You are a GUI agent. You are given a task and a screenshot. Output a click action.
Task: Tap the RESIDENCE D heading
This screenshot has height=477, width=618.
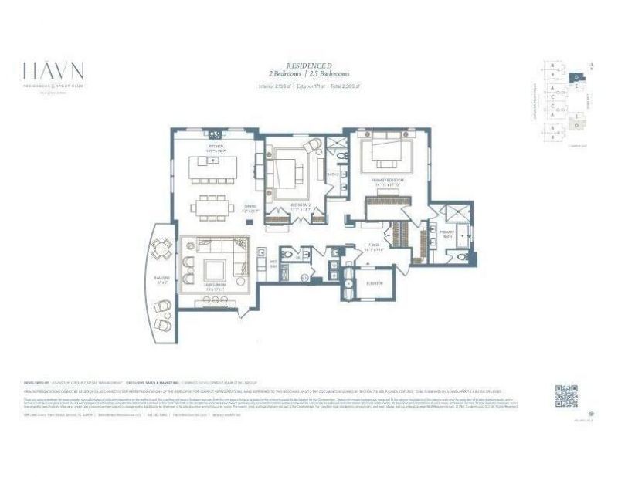[309, 66]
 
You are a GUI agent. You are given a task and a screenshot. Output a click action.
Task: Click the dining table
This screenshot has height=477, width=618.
[213, 206]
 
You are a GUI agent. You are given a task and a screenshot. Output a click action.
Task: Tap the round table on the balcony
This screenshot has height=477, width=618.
[162, 249]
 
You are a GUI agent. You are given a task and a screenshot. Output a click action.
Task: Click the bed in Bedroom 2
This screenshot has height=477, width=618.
[287, 170]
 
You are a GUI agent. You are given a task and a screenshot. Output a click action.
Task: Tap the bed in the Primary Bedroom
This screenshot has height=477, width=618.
[385, 154]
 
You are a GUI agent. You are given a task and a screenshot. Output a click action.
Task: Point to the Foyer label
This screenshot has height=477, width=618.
[375, 248]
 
